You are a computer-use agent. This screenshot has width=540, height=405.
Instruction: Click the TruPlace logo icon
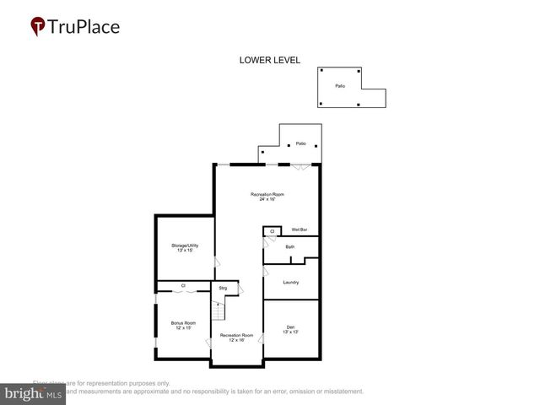click(x=38, y=27)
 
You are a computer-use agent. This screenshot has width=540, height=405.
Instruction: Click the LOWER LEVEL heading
click(x=270, y=60)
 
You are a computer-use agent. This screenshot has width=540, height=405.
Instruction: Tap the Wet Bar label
click(x=300, y=229)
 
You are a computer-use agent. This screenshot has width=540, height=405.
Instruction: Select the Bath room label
click(x=289, y=247)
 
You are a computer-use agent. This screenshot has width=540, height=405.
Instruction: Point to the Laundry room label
click(x=291, y=282)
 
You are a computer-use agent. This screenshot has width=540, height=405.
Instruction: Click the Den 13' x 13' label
click(x=290, y=329)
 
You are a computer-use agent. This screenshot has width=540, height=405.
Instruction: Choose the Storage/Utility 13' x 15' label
click(x=183, y=248)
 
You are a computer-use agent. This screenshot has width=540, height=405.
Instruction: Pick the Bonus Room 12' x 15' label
click(x=183, y=325)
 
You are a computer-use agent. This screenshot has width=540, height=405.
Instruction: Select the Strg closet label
click(x=223, y=289)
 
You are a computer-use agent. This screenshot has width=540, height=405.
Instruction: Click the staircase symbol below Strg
click(x=216, y=311)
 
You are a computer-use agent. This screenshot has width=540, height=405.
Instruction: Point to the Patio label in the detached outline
click(x=339, y=86)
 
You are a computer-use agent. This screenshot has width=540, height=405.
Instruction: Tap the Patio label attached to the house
click(x=300, y=144)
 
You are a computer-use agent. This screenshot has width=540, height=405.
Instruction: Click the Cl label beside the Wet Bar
click(x=272, y=230)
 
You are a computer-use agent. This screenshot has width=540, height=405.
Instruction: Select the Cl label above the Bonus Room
click(x=183, y=286)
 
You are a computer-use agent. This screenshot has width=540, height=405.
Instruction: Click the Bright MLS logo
click(x=34, y=392)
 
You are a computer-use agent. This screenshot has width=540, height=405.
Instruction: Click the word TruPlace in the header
click(x=84, y=27)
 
